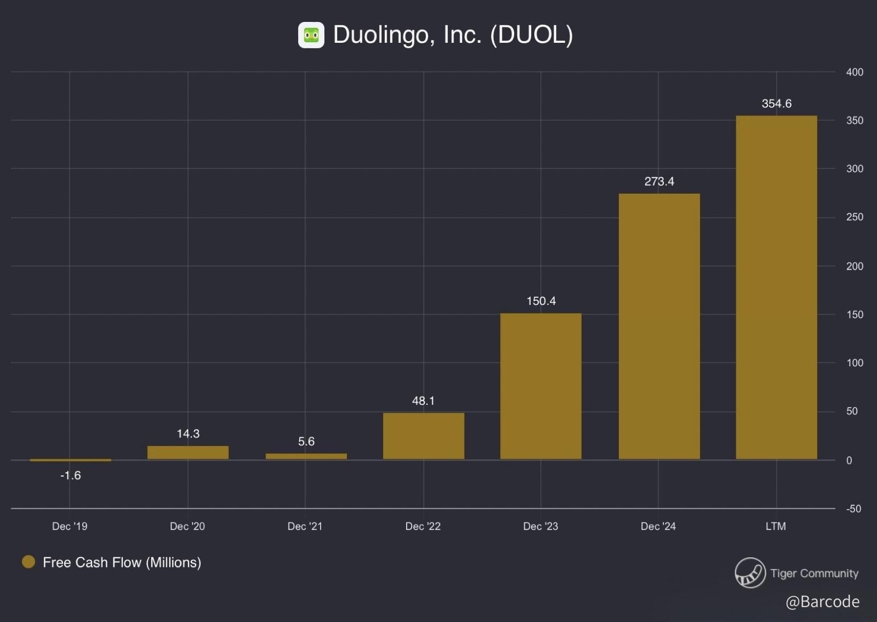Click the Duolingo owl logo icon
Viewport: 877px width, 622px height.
311,35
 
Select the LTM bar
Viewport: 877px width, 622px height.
776,287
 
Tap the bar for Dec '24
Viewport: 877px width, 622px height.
659,326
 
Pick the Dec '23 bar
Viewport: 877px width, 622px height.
541,386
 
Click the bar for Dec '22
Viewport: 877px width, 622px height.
423,436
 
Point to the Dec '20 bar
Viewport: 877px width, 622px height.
188,452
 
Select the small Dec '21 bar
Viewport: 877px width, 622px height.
306,456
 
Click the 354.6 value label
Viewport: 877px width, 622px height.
776,104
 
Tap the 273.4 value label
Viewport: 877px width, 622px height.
659,182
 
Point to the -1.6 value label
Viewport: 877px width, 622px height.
71,475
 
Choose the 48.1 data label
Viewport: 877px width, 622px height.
423,401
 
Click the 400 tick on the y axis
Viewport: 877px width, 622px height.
854,72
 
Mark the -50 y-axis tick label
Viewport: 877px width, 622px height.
853,509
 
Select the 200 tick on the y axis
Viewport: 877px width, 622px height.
854,266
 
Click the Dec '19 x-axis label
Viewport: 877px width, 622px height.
69,526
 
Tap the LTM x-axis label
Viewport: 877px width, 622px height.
775,526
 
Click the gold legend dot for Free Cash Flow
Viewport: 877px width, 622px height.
28,562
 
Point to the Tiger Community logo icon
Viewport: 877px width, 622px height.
750,573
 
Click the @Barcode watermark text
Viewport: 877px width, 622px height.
822,602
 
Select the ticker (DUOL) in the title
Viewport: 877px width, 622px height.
531,35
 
